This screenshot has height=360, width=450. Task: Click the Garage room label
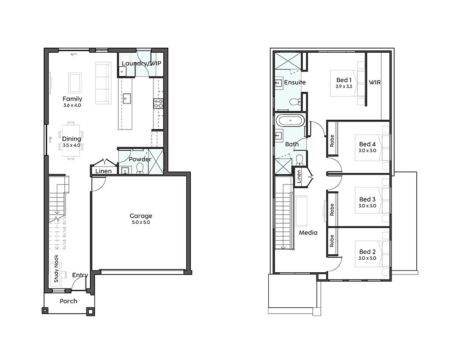pos(141,216)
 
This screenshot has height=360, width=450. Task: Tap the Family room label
pos(72,99)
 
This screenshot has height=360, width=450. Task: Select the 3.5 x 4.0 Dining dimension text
pos(72,145)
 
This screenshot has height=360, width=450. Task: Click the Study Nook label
pos(56,268)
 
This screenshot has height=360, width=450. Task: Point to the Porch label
pos(68,301)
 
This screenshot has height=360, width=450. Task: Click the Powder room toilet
pos(140,168)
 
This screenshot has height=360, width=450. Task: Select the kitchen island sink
pos(126,99)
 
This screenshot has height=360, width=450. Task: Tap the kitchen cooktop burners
pos(158,103)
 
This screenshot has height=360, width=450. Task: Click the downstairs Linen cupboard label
pos(103,171)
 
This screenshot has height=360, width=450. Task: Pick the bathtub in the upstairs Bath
pos(290,121)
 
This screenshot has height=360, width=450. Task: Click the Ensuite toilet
pos(295,102)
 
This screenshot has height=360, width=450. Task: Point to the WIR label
pos(375,82)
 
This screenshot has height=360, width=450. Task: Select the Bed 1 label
pos(344,80)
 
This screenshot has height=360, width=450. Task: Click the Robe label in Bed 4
pos(332,141)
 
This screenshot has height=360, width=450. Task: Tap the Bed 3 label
pos(367,199)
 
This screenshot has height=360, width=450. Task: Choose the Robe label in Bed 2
pos(332,241)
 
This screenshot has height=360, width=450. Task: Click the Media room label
pos(308,233)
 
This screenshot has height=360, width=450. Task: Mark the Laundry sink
pos(122,72)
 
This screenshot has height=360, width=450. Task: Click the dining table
pos(71,140)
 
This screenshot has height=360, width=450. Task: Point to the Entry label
pos(80,275)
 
